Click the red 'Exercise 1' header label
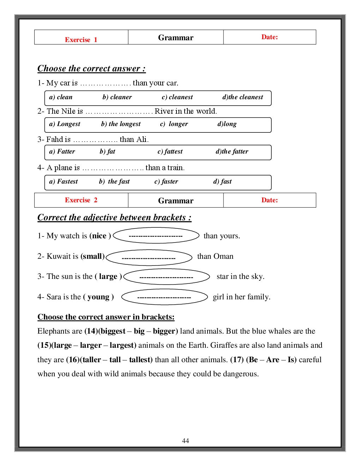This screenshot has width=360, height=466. click(x=81, y=40)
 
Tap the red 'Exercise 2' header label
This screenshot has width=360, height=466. click(x=81, y=200)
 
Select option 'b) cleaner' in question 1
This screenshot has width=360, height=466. click(x=117, y=97)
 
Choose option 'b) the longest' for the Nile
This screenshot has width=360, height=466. click(x=121, y=124)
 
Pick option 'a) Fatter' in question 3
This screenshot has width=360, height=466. click(x=62, y=151)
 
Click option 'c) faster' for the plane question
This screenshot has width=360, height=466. click(x=166, y=181)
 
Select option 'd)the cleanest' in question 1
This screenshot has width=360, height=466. click(x=242, y=97)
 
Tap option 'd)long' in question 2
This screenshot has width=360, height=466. click(x=227, y=124)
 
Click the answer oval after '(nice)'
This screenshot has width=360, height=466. click(x=156, y=235)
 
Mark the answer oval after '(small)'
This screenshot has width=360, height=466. click(x=149, y=258)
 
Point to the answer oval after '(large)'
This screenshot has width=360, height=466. click(x=167, y=277)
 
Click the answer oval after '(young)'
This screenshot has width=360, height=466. click(x=164, y=297)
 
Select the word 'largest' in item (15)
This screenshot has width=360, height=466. click(x=122, y=345)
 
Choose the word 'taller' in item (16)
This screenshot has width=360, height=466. click(x=92, y=360)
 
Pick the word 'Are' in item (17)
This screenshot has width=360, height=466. click(x=273, y=360)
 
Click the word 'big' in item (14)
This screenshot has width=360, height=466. click(x=139, y=331)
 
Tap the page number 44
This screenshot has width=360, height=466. click(x=185, y=441)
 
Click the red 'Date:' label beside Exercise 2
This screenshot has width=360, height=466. click(x=269, y=200)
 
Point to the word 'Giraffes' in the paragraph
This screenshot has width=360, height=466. click(x=223, y=345)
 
